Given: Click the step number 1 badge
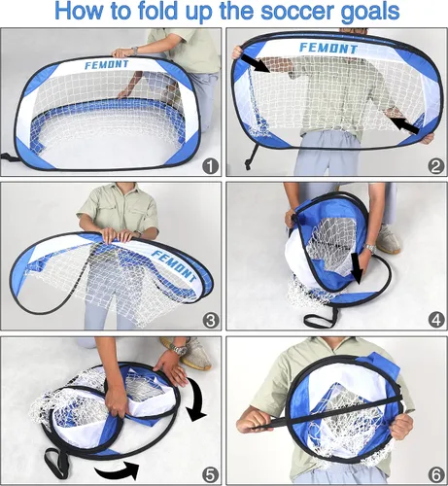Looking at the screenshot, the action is (x=210, y=167).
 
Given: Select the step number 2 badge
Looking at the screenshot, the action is (x=435, y=167).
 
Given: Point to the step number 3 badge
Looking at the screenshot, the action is (x=210, y=321).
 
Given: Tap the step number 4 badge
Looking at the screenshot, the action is (x=435, y=321).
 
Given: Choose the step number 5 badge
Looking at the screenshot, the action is (x=210, y=475).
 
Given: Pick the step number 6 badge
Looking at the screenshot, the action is (x=435, y=475).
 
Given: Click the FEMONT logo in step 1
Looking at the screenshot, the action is (x=107, y=65).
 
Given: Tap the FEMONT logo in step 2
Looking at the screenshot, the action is (x=327, y=49).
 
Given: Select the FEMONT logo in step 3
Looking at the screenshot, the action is (x=175, y=266).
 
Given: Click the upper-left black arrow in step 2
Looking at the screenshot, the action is (x=256, y=63).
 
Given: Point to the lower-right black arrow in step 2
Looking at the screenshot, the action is (x=404, y=125).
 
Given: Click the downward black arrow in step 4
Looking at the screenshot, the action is (x=357, y=268).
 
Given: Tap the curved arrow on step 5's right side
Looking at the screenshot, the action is (x=195, y=400).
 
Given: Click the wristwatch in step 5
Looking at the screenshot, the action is (x=179, y=349).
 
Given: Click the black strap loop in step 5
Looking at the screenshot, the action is (x=57, y=462).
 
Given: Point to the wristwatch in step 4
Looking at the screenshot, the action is (x=369, y=248).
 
